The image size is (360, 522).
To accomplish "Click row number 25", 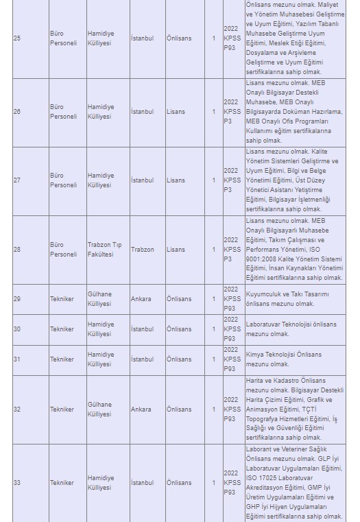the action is (17, 38).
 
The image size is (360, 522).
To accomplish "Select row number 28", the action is (17, 250).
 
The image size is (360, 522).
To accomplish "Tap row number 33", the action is (17, 483).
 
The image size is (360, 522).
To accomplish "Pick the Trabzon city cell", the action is (143, 250).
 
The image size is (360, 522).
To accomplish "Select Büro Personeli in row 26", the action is (63, 112).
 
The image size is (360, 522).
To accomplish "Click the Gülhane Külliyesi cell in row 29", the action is (99, 299).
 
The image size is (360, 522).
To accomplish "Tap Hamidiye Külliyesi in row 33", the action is (101, 483).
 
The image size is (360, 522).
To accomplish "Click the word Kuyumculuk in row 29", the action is (264, 294).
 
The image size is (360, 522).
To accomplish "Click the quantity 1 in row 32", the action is (213, 410).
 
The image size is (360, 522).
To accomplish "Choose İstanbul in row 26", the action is (143, 112).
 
